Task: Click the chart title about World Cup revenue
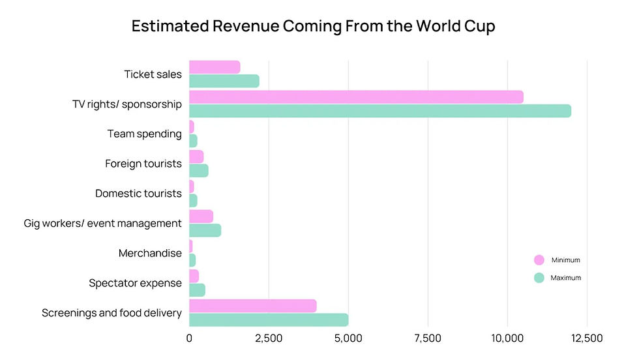pyautogui.click(x=313, y=26)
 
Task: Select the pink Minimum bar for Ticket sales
pyautogui.click(x=215, y=67)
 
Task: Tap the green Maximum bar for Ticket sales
pyautogui.click(x=224, y=82)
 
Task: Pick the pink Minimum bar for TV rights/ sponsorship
pyautogui.click(x=356, y=97)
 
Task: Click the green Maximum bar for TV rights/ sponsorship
pyautogui.click(x=380, y=111)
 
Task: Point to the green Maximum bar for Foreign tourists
pyautogui.click(x=199, y=170)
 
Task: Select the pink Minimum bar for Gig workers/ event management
pyautogui.click(x=201, y=216)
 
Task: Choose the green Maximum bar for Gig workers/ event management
pyautogui.click(x=205, y=230)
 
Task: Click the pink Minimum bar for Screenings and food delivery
pyautogui.click(x=253, y=306)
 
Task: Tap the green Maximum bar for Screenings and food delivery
pyautogui.click(x=269, y=320)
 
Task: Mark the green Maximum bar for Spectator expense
pyautogui.click(x=197, y=290)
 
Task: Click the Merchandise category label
pyautogui.click(x=150, y=253)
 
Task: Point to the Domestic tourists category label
pyautogui.click(x=138, y=194)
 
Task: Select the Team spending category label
pyautogui.click(x=144, y=134)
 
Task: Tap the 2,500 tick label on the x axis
pyautogui.click(x=269, y=338)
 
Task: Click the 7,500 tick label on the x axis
pyautogui.click(x=428, y=338)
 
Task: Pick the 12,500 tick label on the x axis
pyautogui.click(x=587, y=338)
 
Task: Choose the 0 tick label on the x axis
pyautogui.click(x=189, y=338)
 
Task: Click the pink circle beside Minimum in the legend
pyautogui.click(x=539, y=260)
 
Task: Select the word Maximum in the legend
pyautogui.click(x=565, y=278)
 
